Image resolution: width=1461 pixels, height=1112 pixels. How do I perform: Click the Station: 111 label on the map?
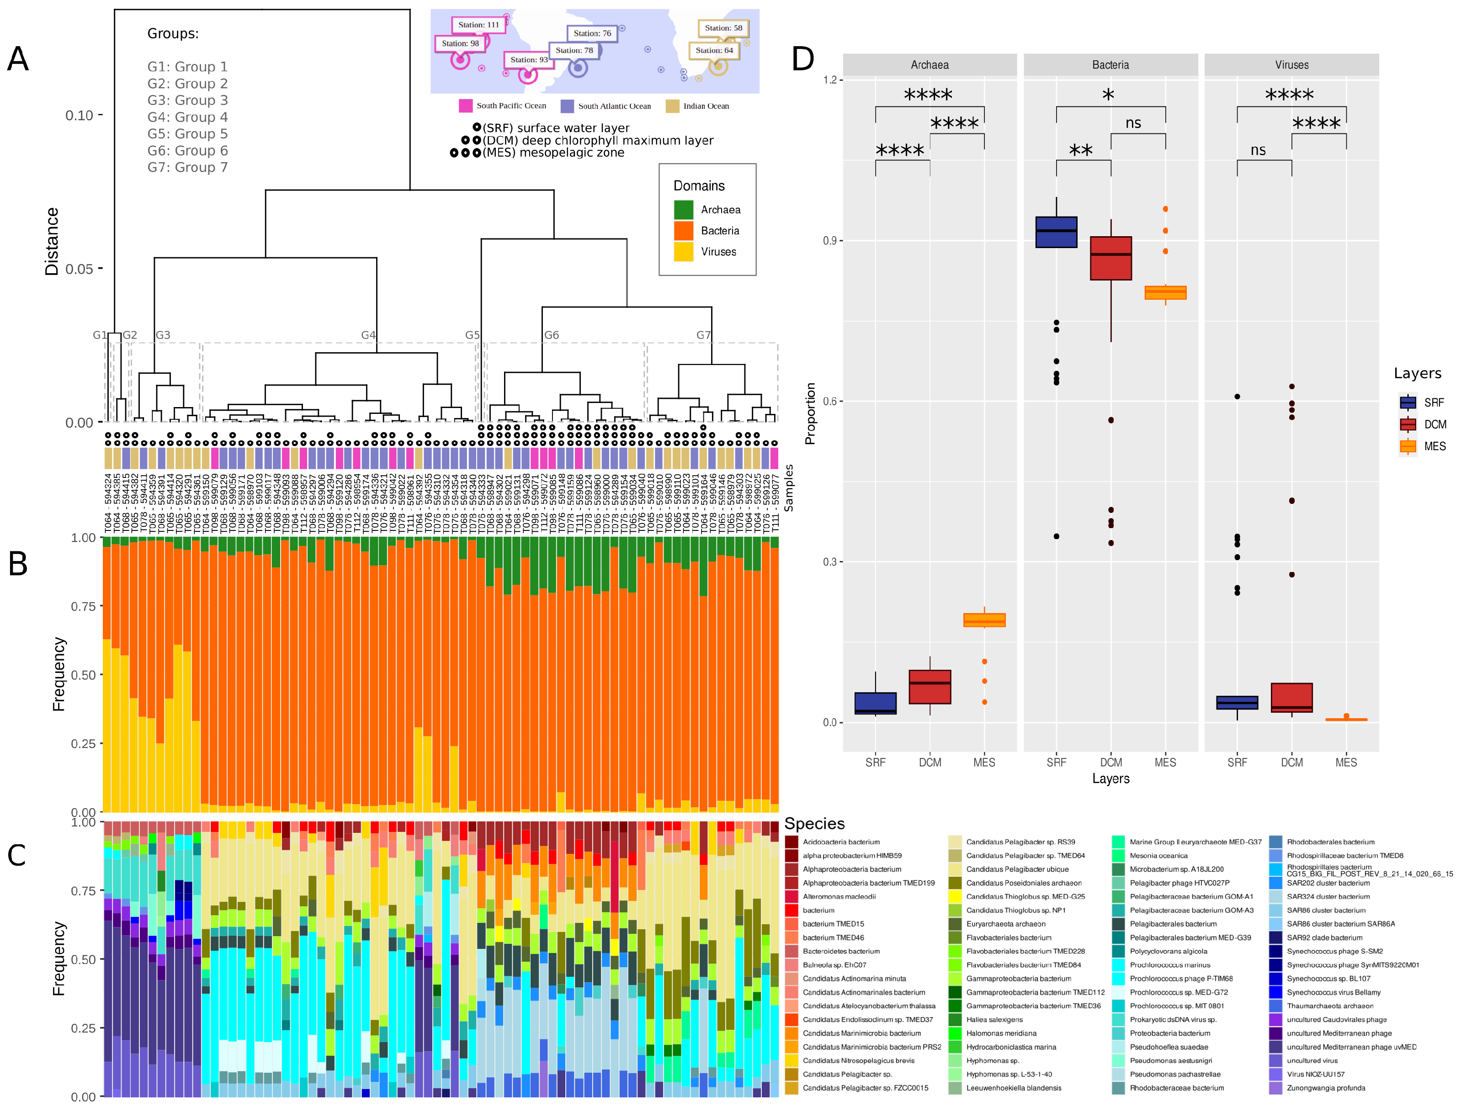[478, 25]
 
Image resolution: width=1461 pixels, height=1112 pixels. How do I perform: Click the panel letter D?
[802, 59]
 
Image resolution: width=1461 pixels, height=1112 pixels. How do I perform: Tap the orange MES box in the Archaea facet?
[984, 620]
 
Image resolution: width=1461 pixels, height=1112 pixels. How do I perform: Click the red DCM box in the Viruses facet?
[1291, 697]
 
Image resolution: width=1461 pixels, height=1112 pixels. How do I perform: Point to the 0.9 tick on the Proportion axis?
[829, 241]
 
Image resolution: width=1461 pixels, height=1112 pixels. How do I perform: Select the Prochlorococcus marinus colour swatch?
[1118, 965]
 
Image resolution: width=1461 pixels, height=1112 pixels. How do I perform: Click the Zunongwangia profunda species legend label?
[1325, 1088]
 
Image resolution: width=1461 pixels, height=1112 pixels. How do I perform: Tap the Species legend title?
[814, 823]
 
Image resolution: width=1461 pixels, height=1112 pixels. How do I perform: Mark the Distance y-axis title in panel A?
[52, 242]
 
